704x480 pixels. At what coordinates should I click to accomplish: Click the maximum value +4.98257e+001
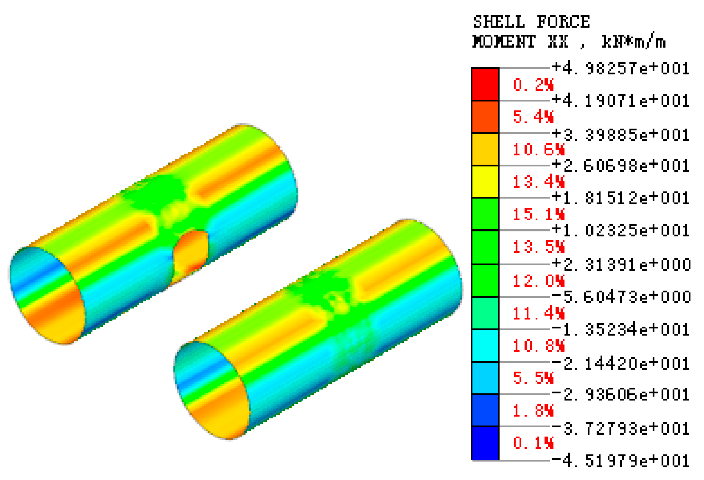tap(620, 69)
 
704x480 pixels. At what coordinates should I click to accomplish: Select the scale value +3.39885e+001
tap(620, 134)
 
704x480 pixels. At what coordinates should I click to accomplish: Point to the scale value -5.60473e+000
tap(621, 297)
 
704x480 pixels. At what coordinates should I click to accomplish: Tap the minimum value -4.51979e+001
tap(620, 461)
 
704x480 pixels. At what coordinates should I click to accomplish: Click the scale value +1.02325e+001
tap(620, 230)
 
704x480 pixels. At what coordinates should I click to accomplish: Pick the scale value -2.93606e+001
tap(620, 394)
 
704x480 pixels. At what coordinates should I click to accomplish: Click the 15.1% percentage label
tap(539, 215)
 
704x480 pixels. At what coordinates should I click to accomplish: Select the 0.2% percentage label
tap(533, 84)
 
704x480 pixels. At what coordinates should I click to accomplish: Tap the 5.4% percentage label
tap(533, 117)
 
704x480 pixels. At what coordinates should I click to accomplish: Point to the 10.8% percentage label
tap(539, 346)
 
